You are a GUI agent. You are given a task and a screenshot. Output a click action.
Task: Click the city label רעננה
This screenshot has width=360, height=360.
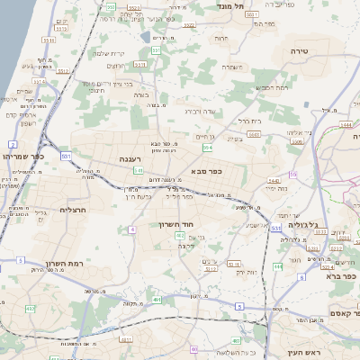click(131, 158)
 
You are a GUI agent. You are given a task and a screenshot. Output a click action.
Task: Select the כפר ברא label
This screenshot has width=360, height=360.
click(341, 277)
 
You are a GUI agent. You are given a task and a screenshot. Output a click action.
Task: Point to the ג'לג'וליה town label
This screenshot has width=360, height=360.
click(315, 226)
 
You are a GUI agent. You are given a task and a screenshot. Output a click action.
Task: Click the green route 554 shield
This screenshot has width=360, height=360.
click(208, 147)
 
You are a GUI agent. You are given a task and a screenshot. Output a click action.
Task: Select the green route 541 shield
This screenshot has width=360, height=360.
click(138, 169)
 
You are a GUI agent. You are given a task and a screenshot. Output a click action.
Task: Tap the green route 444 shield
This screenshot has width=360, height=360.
click(278, 266)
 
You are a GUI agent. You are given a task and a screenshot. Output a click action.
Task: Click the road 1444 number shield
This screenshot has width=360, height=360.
click(346, 126)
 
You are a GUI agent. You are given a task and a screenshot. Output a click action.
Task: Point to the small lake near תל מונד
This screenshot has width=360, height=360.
click(146, 38)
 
